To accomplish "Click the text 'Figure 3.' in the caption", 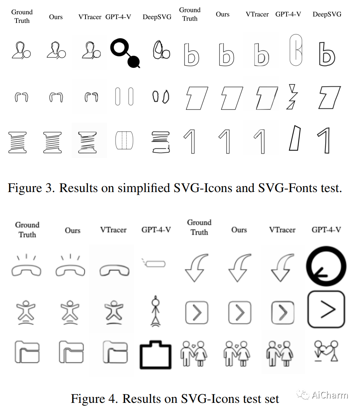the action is [31, 187].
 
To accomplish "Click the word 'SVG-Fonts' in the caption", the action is [287, 187].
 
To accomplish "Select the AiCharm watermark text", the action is [329, 395].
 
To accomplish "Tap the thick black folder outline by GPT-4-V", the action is [155, 355].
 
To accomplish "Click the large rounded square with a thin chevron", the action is [326, 309].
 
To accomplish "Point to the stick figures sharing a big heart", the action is [325, 351].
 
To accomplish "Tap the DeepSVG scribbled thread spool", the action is [160, 142].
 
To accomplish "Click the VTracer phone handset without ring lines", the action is [114, 270].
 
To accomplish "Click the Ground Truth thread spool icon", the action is [18, 142].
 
